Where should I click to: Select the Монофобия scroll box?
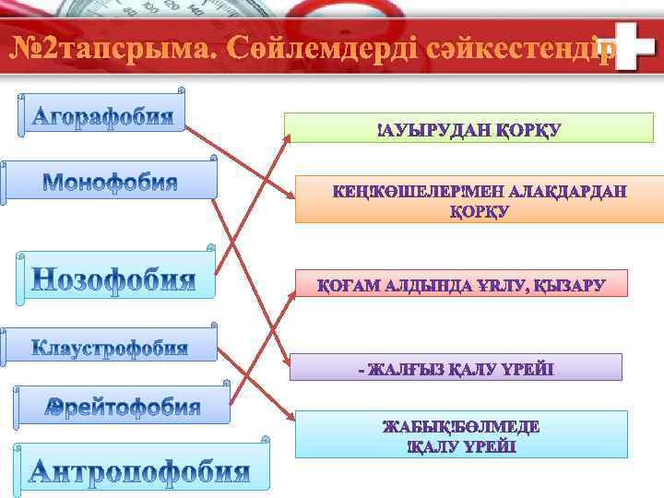110,180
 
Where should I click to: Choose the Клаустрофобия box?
110,346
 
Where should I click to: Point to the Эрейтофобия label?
123,407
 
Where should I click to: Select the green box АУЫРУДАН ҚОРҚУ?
468,128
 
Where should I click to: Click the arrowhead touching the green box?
286,136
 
